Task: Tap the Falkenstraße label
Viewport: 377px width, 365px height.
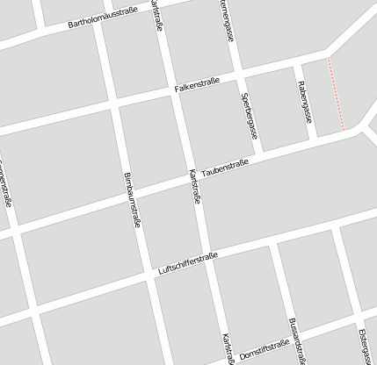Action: click(x=196, y=85)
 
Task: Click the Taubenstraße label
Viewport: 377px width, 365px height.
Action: click(x=225, y=167)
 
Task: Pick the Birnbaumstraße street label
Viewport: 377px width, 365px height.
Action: click(x=131, y=198)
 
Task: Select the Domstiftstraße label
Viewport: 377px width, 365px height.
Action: click(x=265, y=348)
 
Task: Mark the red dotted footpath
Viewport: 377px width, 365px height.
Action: click(x=336, y=95)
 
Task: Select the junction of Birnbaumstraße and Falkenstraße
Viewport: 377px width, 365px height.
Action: click(x=113, y=106)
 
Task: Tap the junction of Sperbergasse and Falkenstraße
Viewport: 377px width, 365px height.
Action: click(x=237, y=75)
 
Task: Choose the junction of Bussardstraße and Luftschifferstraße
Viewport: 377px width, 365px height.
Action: click(x=276, y=242)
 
